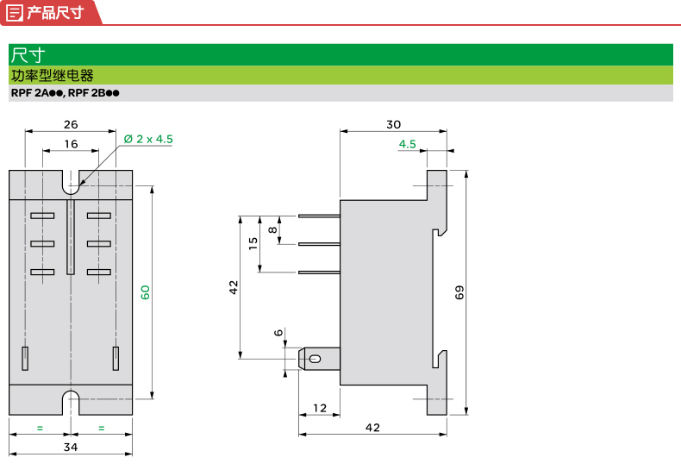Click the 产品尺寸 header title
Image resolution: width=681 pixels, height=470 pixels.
click(x=55, y=12)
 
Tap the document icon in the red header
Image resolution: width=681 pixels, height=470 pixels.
click(x=15, y=12)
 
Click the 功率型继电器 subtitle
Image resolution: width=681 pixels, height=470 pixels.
click(x=52, y=75)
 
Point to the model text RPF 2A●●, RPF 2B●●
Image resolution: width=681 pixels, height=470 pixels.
click(x=65, y=93)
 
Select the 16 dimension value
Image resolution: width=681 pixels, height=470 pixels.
click(x=71, y=143)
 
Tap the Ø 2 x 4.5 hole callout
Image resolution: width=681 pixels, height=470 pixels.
click(x=148, y=138)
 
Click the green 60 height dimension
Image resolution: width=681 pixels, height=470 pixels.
click(x=146, y=291)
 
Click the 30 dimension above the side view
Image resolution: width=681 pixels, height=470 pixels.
click(x=393, y=123)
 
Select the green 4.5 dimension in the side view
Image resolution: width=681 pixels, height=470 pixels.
click(x=408, y=143)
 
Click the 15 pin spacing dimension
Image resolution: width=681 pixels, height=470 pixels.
click(x=253, y=242)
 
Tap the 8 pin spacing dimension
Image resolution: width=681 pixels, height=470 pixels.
click(x=273, y=229)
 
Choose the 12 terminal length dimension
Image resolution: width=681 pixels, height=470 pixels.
click(x=320, y=407)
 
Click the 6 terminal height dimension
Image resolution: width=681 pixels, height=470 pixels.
click(x=278, y=332)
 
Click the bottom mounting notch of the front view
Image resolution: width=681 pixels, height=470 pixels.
click(x=72, y=400)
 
